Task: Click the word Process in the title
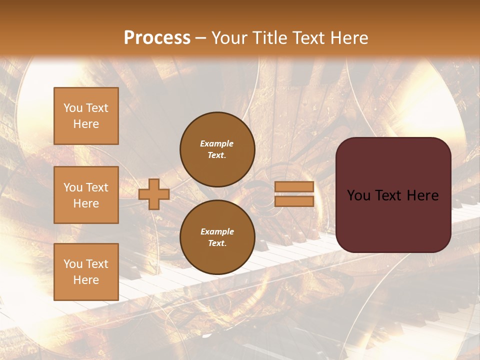[x=157, y=38]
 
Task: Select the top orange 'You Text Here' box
[x=86, y=116]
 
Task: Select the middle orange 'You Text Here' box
[x=86, y=195]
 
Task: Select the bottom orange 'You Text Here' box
[x=86, y=271]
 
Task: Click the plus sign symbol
[x=154, y=194]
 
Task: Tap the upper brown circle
[x=217, y=149]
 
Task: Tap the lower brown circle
[x=217, y=237]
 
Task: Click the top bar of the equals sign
[x=294, y=187]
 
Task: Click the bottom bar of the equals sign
[x=294, y=201]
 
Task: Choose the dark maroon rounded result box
[x=393, y=195]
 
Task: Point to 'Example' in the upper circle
[x=217, y=143]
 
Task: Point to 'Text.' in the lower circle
[x=217, y=243]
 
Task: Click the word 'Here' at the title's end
[x=350, y=38]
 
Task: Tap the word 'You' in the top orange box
[x=72, y=108]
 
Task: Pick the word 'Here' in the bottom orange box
[x=86, y=280]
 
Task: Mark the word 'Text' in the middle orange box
[x=97, y=187]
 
